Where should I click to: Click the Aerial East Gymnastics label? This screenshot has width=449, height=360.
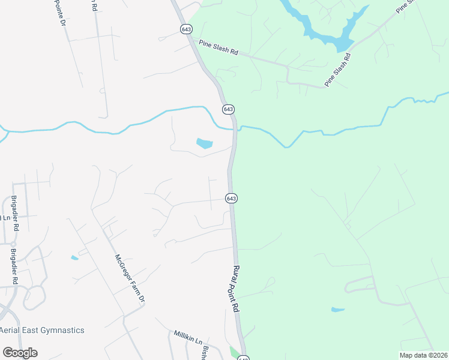(x=42, y=330)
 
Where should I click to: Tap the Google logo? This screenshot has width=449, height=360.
(x=20, y=353)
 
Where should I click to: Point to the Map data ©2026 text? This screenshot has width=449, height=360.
(x=424, y=355)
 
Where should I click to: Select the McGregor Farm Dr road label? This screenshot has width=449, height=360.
(x=130, y=277)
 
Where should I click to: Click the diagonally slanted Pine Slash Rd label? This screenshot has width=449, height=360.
(x=337, y=70)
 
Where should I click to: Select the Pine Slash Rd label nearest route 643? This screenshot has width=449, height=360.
(x=218, y=47)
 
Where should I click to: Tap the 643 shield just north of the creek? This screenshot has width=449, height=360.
(x=228, y=109)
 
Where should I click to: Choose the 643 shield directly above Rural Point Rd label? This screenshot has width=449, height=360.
(x=232, y=198)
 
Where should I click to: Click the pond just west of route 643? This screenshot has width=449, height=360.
(x=204, y=143)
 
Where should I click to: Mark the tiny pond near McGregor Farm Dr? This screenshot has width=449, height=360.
(x=74, y=258)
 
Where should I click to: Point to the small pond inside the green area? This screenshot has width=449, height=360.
(x=338, y=310)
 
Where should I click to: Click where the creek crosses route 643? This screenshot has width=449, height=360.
(x=235, y=127)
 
